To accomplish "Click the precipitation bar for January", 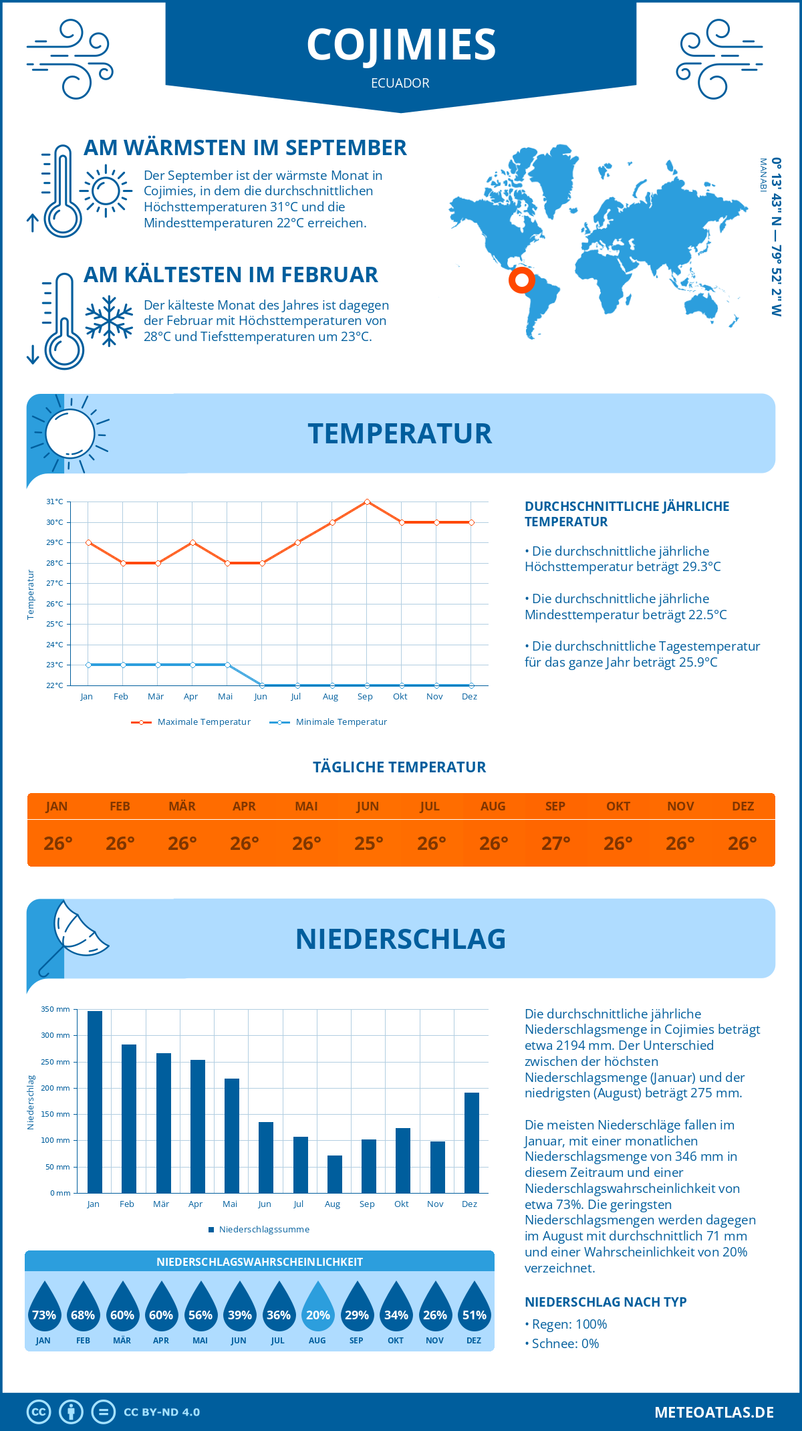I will (95, 1101).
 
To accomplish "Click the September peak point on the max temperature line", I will (367, 502).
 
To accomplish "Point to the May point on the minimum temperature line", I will (228, 665).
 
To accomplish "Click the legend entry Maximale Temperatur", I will (191, 722).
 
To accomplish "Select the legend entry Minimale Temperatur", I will (329, 722).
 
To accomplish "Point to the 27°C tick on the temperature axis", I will (55, 583).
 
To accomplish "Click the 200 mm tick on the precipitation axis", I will (55, 1088).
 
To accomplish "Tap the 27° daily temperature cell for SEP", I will (555, 843).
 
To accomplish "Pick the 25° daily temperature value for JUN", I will (368, 843).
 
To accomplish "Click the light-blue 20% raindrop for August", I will (318, 1307).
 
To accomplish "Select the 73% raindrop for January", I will (44, 1307).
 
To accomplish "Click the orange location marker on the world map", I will (521, 280).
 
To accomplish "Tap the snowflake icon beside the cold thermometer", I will (109, 321).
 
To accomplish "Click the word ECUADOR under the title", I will (400, 84).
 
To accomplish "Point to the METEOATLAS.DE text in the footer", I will (714, 1412).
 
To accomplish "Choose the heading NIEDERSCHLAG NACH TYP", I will (606, 1302).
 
